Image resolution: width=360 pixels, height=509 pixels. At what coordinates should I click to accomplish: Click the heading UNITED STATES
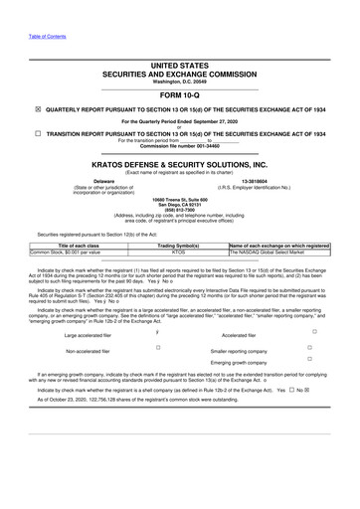click(x=179, y=63)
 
